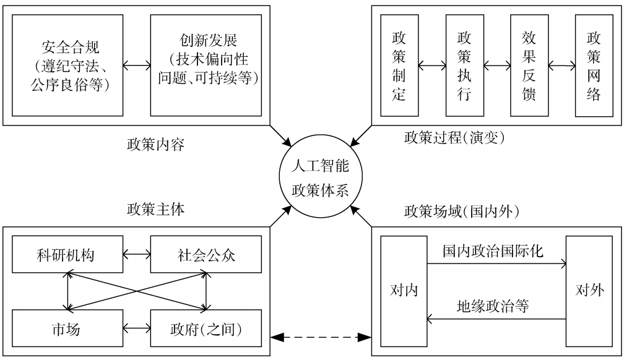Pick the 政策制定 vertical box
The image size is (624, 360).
pos(399,64)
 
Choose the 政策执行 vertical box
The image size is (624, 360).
pos(464,64)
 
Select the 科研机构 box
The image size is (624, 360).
pos(67,255)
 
